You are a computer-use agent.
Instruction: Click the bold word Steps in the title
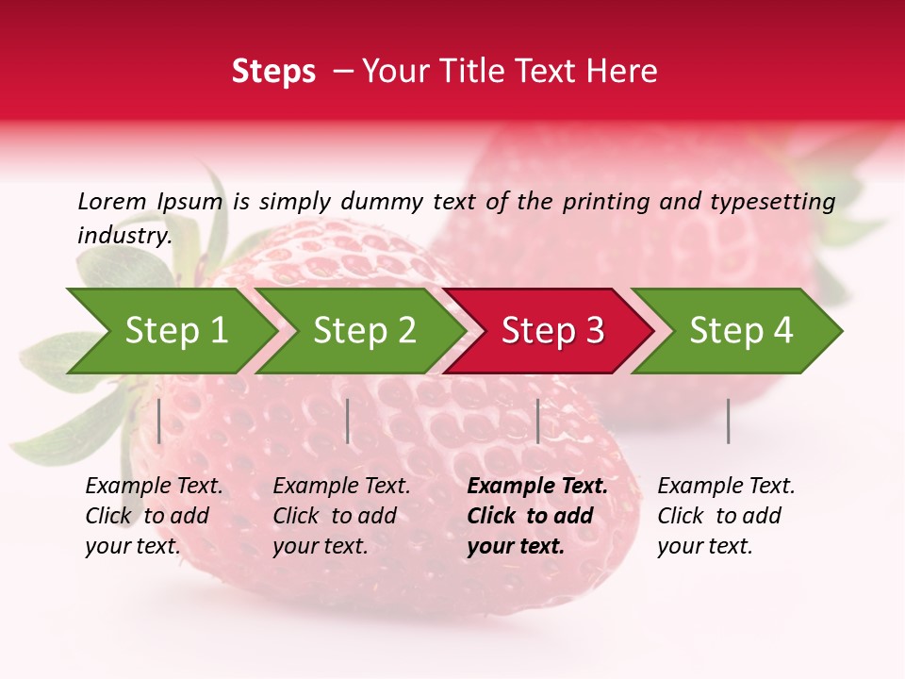(x=273, y=72)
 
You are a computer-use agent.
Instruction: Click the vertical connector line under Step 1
(x=159, y=421)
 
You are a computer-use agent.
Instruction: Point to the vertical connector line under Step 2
(x=348, y=421)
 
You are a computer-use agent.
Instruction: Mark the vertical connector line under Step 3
(x=537, y=421)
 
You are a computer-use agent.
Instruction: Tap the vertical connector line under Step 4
(x=728, y=421)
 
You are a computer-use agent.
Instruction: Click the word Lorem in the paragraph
(x=112, y=201)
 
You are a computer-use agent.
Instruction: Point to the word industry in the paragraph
(x=124, y=235)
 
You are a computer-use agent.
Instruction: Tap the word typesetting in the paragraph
(x=772, y=202)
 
